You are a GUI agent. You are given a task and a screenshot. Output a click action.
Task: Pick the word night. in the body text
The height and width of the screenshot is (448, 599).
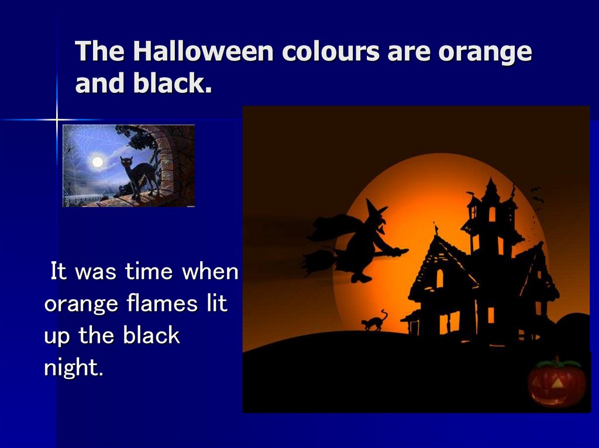tap(73, 368)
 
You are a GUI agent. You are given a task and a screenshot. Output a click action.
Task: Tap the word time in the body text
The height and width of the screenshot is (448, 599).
tap(149, 272)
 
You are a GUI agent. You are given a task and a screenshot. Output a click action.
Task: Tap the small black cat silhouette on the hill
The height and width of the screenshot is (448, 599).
tap(374, 321)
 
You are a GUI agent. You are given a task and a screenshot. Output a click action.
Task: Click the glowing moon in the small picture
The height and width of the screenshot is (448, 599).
tap(97, 161)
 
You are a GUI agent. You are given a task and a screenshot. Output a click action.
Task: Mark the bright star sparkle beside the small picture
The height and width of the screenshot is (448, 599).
tap(57, 120)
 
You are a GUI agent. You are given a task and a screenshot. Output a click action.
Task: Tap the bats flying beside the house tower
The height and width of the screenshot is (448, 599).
tap(536, 196)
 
